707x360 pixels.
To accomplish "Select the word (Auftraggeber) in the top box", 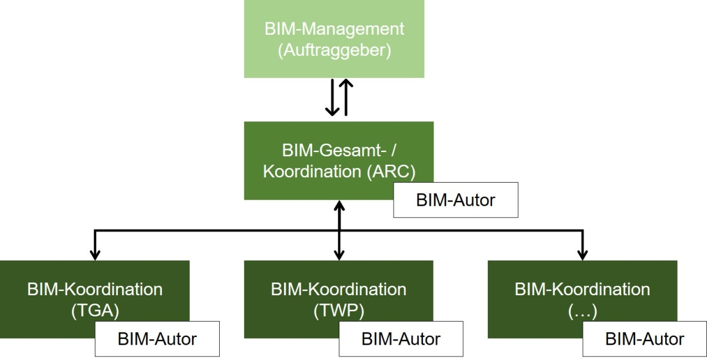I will tap(334, 51).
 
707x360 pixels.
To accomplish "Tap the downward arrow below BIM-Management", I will tap(331, 98).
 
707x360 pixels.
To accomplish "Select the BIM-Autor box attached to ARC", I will tap(455, 200).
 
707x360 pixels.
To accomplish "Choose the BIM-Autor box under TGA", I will tap(157, 339).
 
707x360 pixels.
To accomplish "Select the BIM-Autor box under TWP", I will tap(401, 339).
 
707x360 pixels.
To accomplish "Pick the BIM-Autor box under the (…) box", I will tap(645, 339).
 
